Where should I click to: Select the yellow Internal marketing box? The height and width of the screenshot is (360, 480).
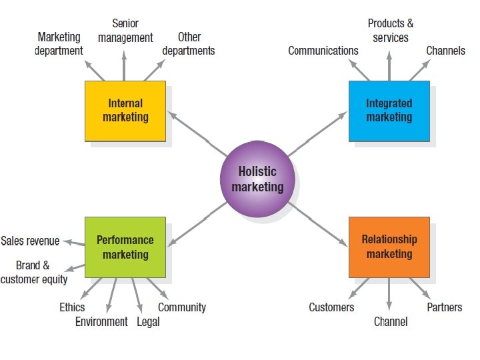[x=125, y=111]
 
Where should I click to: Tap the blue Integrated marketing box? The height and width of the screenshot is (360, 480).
[x=389, y=111]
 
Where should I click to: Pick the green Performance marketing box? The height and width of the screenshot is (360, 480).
[x=125, y=247]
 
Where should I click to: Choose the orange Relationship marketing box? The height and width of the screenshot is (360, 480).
[x=389, y=247]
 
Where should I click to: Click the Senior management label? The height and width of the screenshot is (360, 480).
[x=125, y=31]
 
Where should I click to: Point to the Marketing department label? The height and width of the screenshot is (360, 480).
[x=59, y=43]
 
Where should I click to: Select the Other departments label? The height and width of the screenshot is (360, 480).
[x=189, y=43]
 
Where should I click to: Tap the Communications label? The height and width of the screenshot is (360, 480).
[x=323, y=51]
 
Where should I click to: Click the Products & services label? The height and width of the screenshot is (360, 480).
[x=391, y=31]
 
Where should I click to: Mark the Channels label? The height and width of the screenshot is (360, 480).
[x=445, y=51]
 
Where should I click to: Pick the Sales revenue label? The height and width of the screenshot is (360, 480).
[x=30, y=241]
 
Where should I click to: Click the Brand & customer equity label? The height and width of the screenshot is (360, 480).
[x=33, y=272]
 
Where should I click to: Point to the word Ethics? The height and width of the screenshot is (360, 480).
[x=72, y=307]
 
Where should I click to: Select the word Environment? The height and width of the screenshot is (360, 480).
[x=101, y=321]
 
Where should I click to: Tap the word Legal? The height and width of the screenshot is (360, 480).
[x=148, y=321]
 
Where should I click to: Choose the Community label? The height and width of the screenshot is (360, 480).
[x=181, y=307]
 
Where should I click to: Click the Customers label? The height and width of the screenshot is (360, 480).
[x=331, y=307]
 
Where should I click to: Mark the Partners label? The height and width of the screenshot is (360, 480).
[x=444, y=307]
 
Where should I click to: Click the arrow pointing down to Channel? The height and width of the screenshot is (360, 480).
[x=389, y=293]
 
